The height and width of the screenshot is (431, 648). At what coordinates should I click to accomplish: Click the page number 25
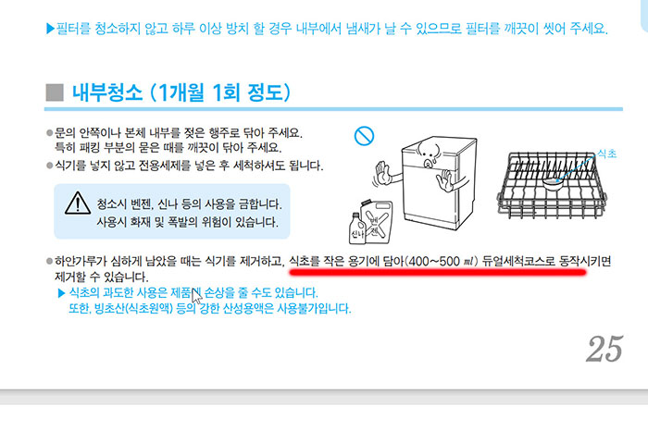(x=604, y=349)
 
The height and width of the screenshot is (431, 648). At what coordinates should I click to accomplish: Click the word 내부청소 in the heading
(x=110, y=92)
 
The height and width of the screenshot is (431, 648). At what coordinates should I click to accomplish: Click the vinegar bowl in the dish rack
(x=556, y=184)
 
